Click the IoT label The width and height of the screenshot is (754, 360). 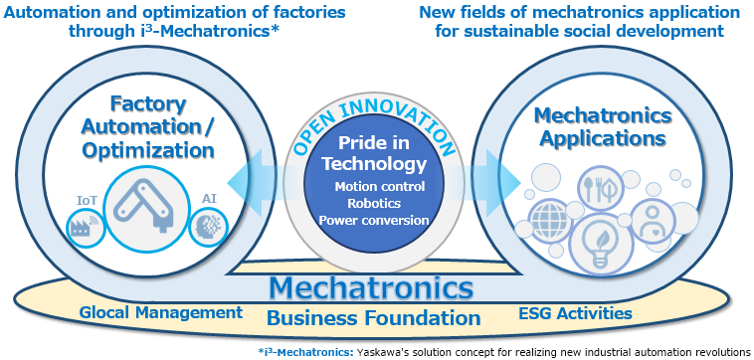87,200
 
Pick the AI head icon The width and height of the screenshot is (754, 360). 208,227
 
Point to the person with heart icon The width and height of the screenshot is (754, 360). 652,222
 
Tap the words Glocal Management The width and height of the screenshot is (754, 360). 160,313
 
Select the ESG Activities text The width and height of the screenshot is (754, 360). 575,314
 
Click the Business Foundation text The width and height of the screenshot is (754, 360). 374,317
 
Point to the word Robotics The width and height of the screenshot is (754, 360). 374,203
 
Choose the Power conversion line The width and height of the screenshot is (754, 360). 374,221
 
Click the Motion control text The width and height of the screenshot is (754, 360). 380,186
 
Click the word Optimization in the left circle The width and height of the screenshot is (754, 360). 148,150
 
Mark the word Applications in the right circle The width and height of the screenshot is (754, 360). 603,138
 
